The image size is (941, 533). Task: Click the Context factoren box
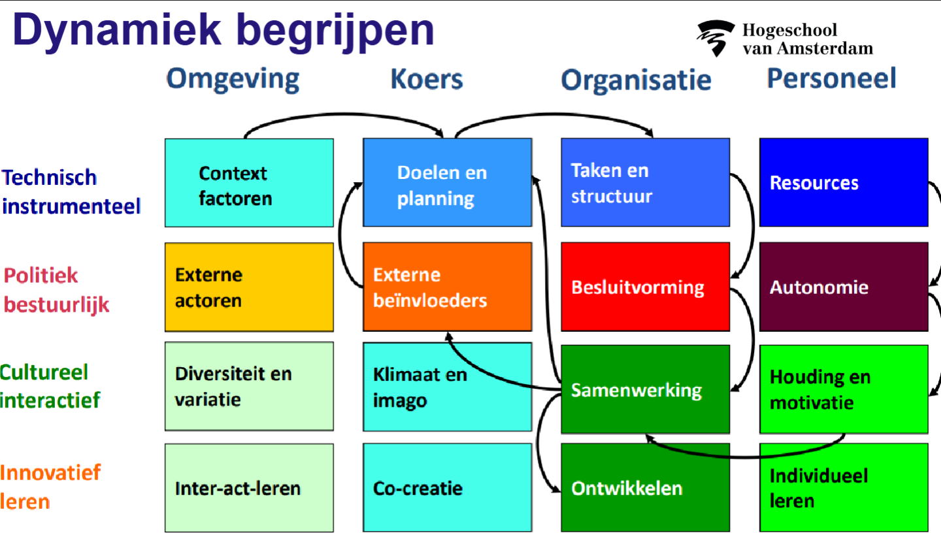click(x=249, y=183)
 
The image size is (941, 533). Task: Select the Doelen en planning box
click(x=448, y=182)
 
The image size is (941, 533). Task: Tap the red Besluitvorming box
click(x=645, y=287)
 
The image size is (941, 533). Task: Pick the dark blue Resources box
click(x=844, y=182)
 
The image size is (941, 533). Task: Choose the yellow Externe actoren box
click(x=249, y=287)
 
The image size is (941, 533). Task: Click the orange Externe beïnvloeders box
click(x=448, y=287)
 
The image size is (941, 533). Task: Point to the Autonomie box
click(x=844, y=287)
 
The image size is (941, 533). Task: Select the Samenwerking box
click(x=645, y=389)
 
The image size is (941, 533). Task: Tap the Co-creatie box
click(x=448, y=488)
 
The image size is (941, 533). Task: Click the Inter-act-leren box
click(x=249, y=488)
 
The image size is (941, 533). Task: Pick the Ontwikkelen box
click(x=645, y=488)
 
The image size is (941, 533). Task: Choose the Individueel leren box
click(x=844, y=488)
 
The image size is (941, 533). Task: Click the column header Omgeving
click(x=233, y=79)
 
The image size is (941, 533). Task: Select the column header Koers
click(x=426, y=79)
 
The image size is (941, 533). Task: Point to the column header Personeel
click(x=831, y=78)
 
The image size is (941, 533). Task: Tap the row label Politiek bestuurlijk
click(x=56, y=290)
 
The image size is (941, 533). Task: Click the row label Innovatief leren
click(x=50, y=487)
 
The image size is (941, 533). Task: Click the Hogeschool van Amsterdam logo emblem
click(x=716, y=38)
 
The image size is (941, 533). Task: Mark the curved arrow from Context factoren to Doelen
click(x=344, y=114)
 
